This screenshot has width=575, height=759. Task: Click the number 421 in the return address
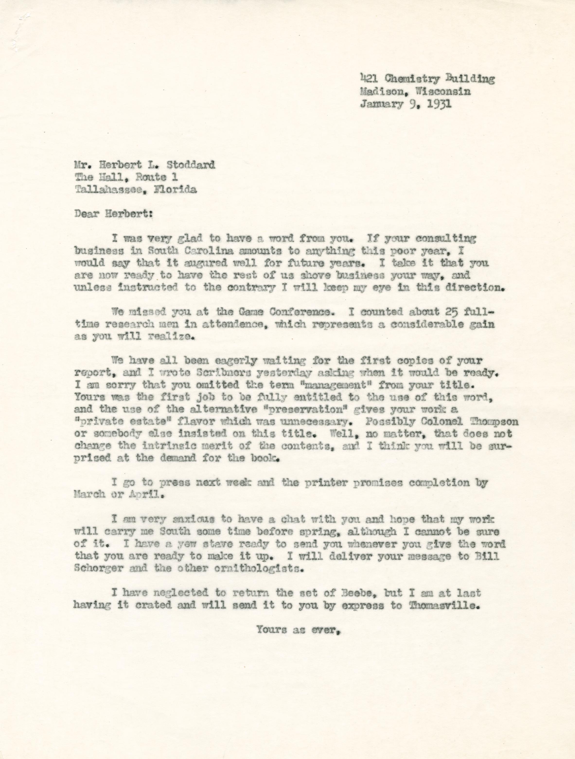(369, 79)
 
